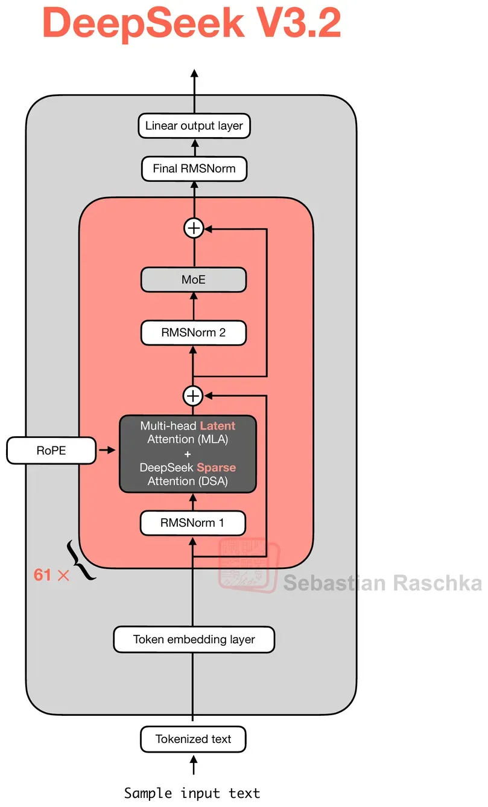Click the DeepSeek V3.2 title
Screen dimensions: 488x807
tap(192, 23)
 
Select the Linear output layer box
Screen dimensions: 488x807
tap(194, 126)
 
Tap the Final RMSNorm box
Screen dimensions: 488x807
tap(194, 169)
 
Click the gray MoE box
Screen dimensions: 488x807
tap(194, 280)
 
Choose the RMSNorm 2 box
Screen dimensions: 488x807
tap(194, 333)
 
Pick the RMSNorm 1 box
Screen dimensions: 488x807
tap(193, 522)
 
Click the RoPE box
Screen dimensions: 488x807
tap(51, 451)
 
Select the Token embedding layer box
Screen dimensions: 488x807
tap(194, 640)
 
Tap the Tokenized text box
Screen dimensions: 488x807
tap(193, 739)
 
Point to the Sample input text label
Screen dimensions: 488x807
tap(192, 793)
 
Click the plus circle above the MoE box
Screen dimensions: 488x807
tap(194, 228)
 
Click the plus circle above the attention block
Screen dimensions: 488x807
tap(193, 396)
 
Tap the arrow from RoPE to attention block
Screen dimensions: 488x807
tap(107, 450)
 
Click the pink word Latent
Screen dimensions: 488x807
tap(217, 426)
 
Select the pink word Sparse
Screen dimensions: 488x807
tap(217, 468)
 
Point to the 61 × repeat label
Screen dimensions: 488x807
tap(51, 574)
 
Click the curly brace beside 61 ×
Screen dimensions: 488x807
tap(81, 559)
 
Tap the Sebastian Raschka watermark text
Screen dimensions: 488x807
tap(382, 583)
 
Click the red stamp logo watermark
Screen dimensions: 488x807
tap(249, 565)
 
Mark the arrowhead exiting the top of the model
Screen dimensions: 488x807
tap(194, 73)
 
